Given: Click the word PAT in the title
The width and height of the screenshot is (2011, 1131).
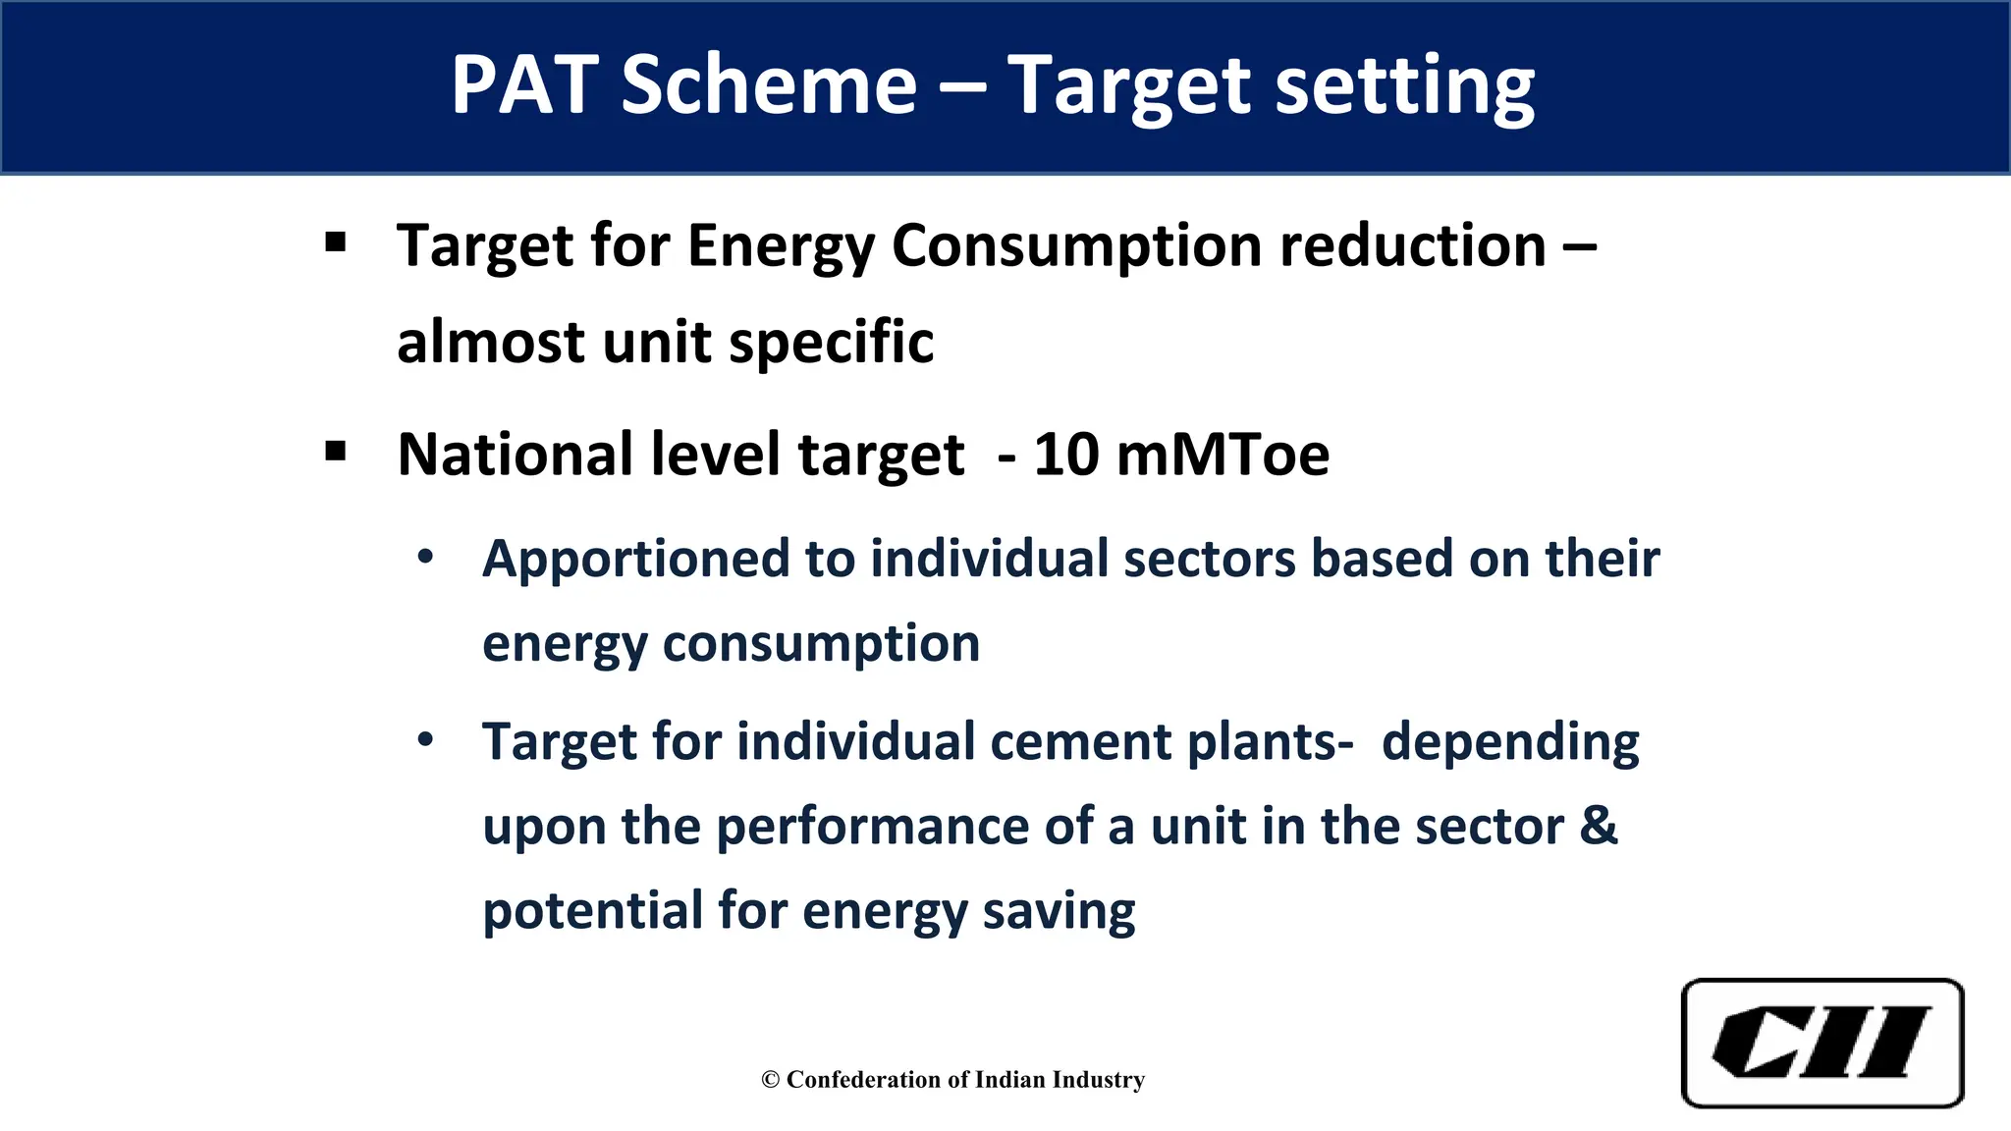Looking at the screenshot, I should [524, 85].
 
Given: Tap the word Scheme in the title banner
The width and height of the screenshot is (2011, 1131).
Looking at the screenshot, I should [769, 85].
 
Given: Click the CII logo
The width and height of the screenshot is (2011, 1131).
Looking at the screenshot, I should [1822, 1043].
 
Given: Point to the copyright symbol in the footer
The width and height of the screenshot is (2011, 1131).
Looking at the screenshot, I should [770, 1080].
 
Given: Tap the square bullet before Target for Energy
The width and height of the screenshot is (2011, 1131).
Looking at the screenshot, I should [336, 242].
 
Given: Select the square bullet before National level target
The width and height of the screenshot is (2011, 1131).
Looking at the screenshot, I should [336, 452].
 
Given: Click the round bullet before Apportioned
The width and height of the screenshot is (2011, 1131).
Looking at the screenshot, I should [425, 557].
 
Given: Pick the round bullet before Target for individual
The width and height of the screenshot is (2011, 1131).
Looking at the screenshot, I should [425, 739].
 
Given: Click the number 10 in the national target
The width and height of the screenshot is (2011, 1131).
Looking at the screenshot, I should [1066, 455].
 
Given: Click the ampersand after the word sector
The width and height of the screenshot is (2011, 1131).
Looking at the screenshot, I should [1599, 826].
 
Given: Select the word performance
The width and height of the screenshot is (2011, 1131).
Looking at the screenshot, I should [872, 827].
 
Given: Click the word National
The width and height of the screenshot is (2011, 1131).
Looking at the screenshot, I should [515, 455].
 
